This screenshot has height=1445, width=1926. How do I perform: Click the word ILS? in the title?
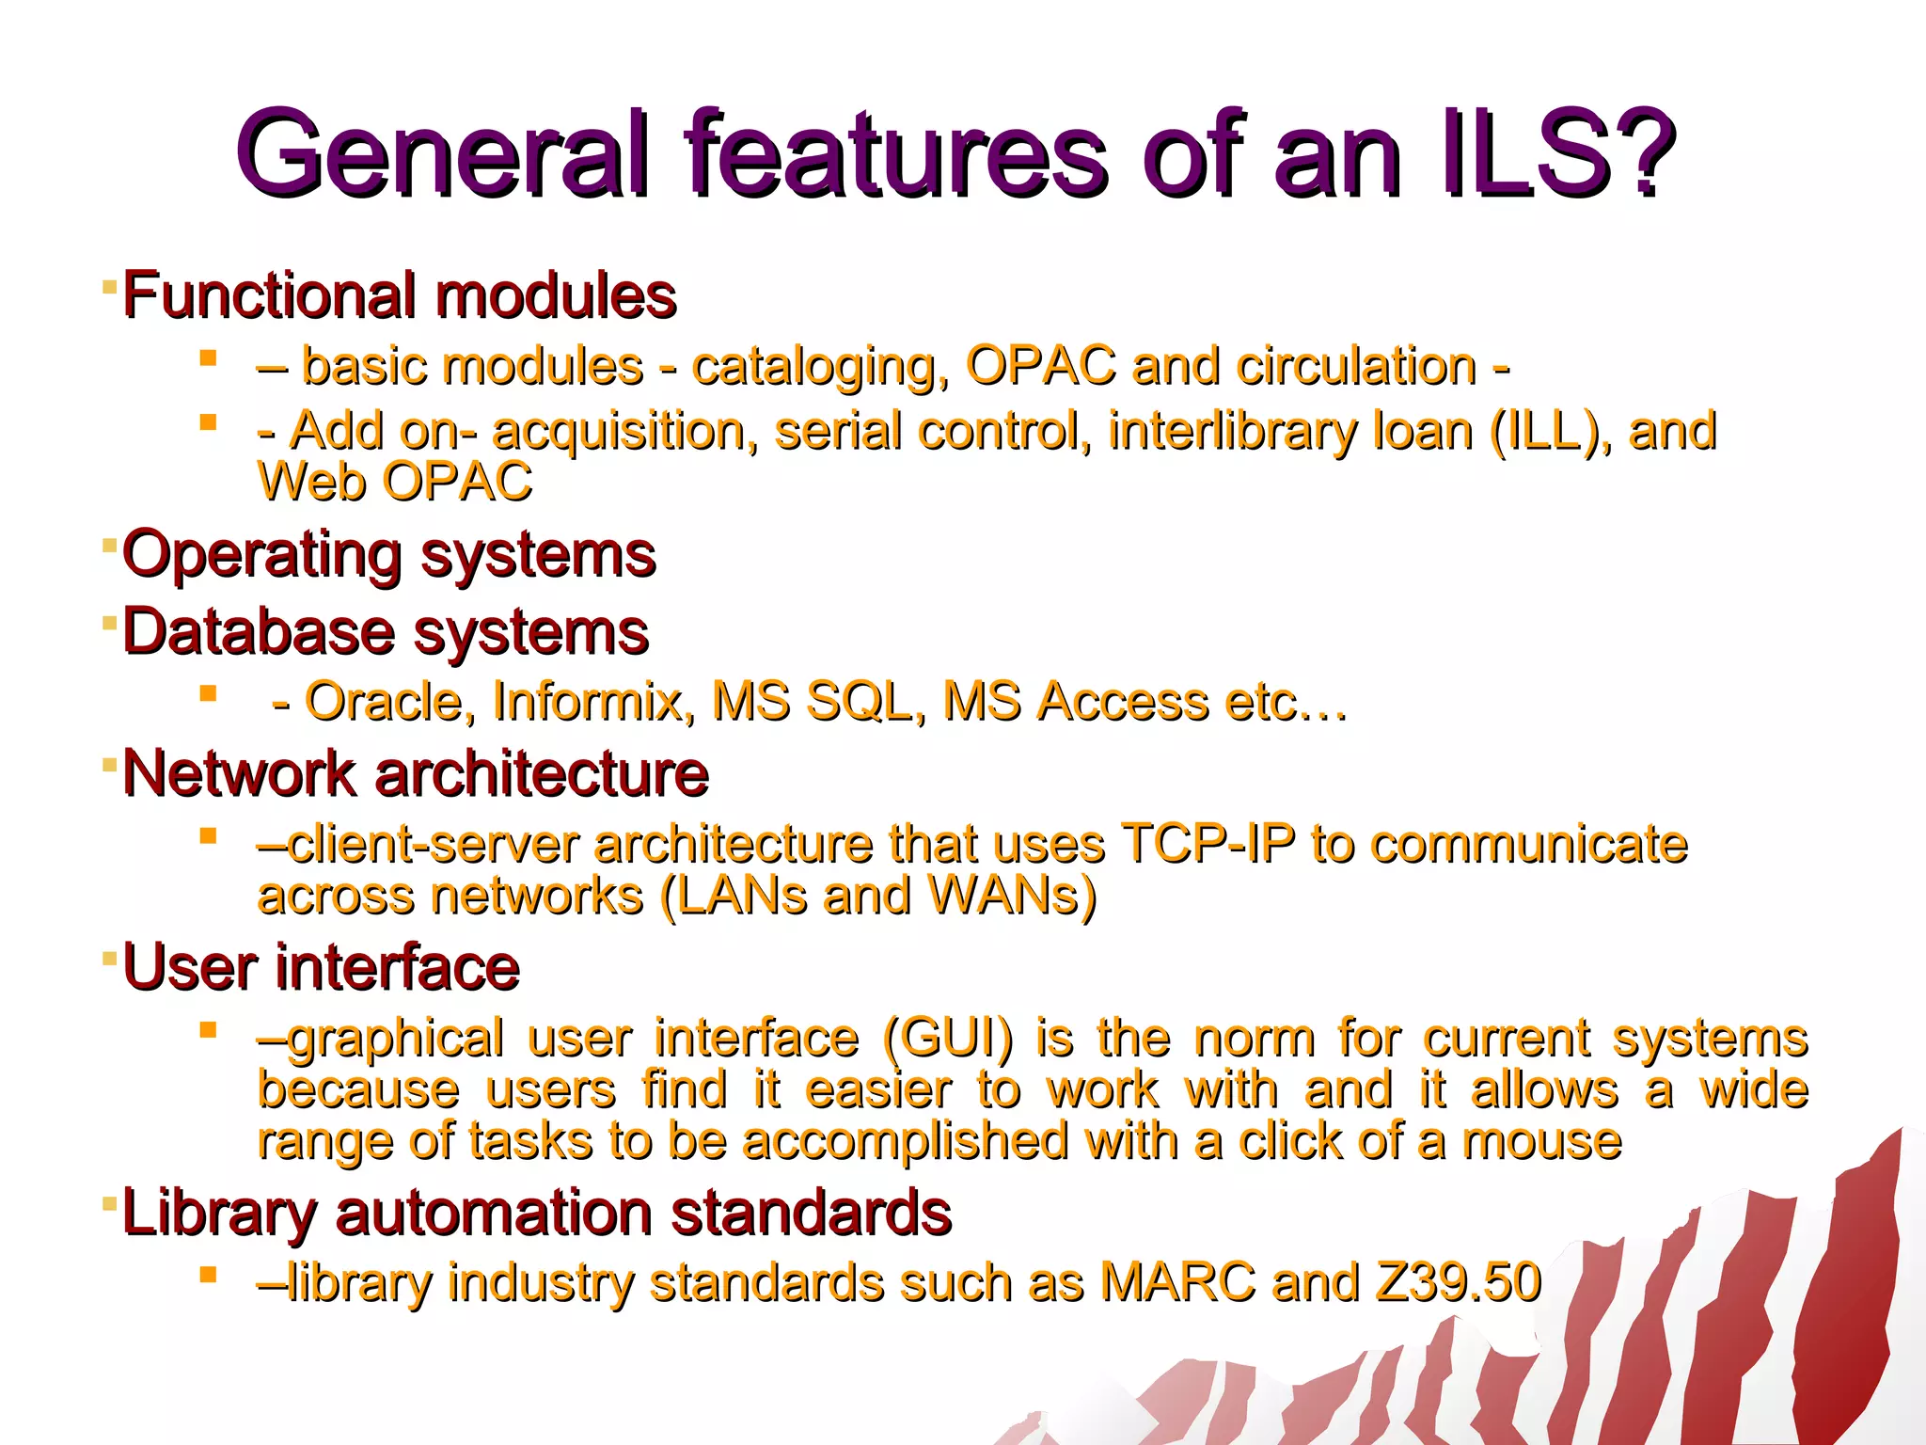[x=1557, y=153]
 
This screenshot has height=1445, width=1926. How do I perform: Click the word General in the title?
[x=442, y=153]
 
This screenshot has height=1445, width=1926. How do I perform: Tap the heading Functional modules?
[x=400, y=295]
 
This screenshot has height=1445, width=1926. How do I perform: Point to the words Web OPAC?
[x=395, y=482]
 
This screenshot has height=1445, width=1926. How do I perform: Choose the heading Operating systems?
[x=388, y=554]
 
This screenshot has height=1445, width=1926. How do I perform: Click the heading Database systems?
[x=386, y=631]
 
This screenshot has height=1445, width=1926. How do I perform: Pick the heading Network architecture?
[x=415, y=773]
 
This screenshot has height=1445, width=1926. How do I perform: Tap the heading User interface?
[x=321, y=967]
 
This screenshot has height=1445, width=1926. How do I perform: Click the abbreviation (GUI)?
[x=948, y=1039]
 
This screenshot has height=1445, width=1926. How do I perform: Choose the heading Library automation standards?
[x=537, y=1212]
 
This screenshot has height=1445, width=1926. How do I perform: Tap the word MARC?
[x=1177, y=1282]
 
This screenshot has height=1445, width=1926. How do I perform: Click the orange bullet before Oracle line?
[x=209, y=694]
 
